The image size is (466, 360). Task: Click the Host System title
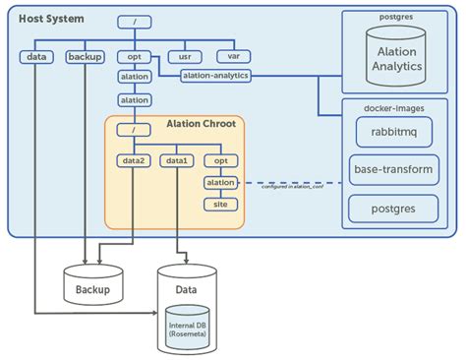(x=51, y=20)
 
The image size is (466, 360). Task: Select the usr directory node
(x=179, y=56)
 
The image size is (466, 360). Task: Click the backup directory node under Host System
(x=85, y=57)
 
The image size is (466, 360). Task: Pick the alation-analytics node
(x=216, y=76)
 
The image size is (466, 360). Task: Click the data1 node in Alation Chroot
(x=177, y=160)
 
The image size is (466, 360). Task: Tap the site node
(x=220, y=205)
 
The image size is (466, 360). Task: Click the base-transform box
(x=392, y=170)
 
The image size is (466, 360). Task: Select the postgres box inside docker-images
(x=392, y=208)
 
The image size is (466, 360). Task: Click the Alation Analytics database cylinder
(x=397, y=59)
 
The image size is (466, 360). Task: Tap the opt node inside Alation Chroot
(x=220, y=160)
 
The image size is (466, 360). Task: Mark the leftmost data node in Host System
(x=36, y=57)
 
